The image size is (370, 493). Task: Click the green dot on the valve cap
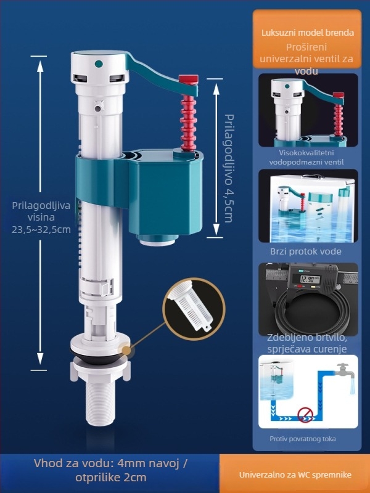(x=99, y=64)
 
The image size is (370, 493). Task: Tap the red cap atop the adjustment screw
(x=189, y=79)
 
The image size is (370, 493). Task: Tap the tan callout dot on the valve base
(x=126, y=350)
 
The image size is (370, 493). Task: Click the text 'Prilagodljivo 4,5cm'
(x=229, y=168)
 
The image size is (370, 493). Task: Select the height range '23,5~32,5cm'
(x=41, y=229)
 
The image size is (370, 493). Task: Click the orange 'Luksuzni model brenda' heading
(x=308, y=33)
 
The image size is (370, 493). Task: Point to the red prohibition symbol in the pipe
(x=305, y=415)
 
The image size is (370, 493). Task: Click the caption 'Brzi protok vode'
(x=305, y=251)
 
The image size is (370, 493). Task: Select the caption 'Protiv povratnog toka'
(x=303, y=439)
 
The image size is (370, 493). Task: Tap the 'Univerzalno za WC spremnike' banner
(x=295, y=475)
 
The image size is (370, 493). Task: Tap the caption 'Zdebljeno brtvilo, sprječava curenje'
(x=307, y=343)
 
